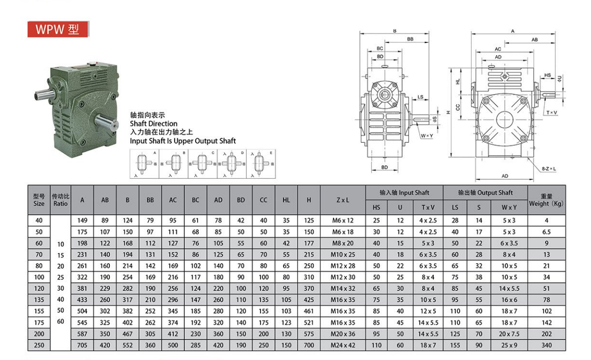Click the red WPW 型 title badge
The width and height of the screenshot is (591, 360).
coord(57,29)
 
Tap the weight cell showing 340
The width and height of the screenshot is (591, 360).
coord(546,345)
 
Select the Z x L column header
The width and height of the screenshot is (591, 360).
coord(343,200)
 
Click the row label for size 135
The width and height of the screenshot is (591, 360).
coord(39,300)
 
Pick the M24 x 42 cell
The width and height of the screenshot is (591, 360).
coord(343,345)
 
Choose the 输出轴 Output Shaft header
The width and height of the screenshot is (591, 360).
coord(486,192)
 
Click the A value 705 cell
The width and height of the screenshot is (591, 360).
coord(82,345)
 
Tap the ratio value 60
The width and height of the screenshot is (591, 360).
coord(60,322)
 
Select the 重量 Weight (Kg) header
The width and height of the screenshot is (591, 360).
coord(546,200)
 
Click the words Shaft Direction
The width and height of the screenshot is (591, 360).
coord(153,123)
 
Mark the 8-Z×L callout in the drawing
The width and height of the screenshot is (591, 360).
coord(549,169)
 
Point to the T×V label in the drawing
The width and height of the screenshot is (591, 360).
coord(552,113)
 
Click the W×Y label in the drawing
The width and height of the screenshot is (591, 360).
coord(426,136)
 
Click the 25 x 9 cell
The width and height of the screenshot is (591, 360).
coord(509,345)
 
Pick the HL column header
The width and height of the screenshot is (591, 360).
coord(286,200)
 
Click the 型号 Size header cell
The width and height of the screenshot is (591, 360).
coord(39,200)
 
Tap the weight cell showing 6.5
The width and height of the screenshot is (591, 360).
coord(546,232)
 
